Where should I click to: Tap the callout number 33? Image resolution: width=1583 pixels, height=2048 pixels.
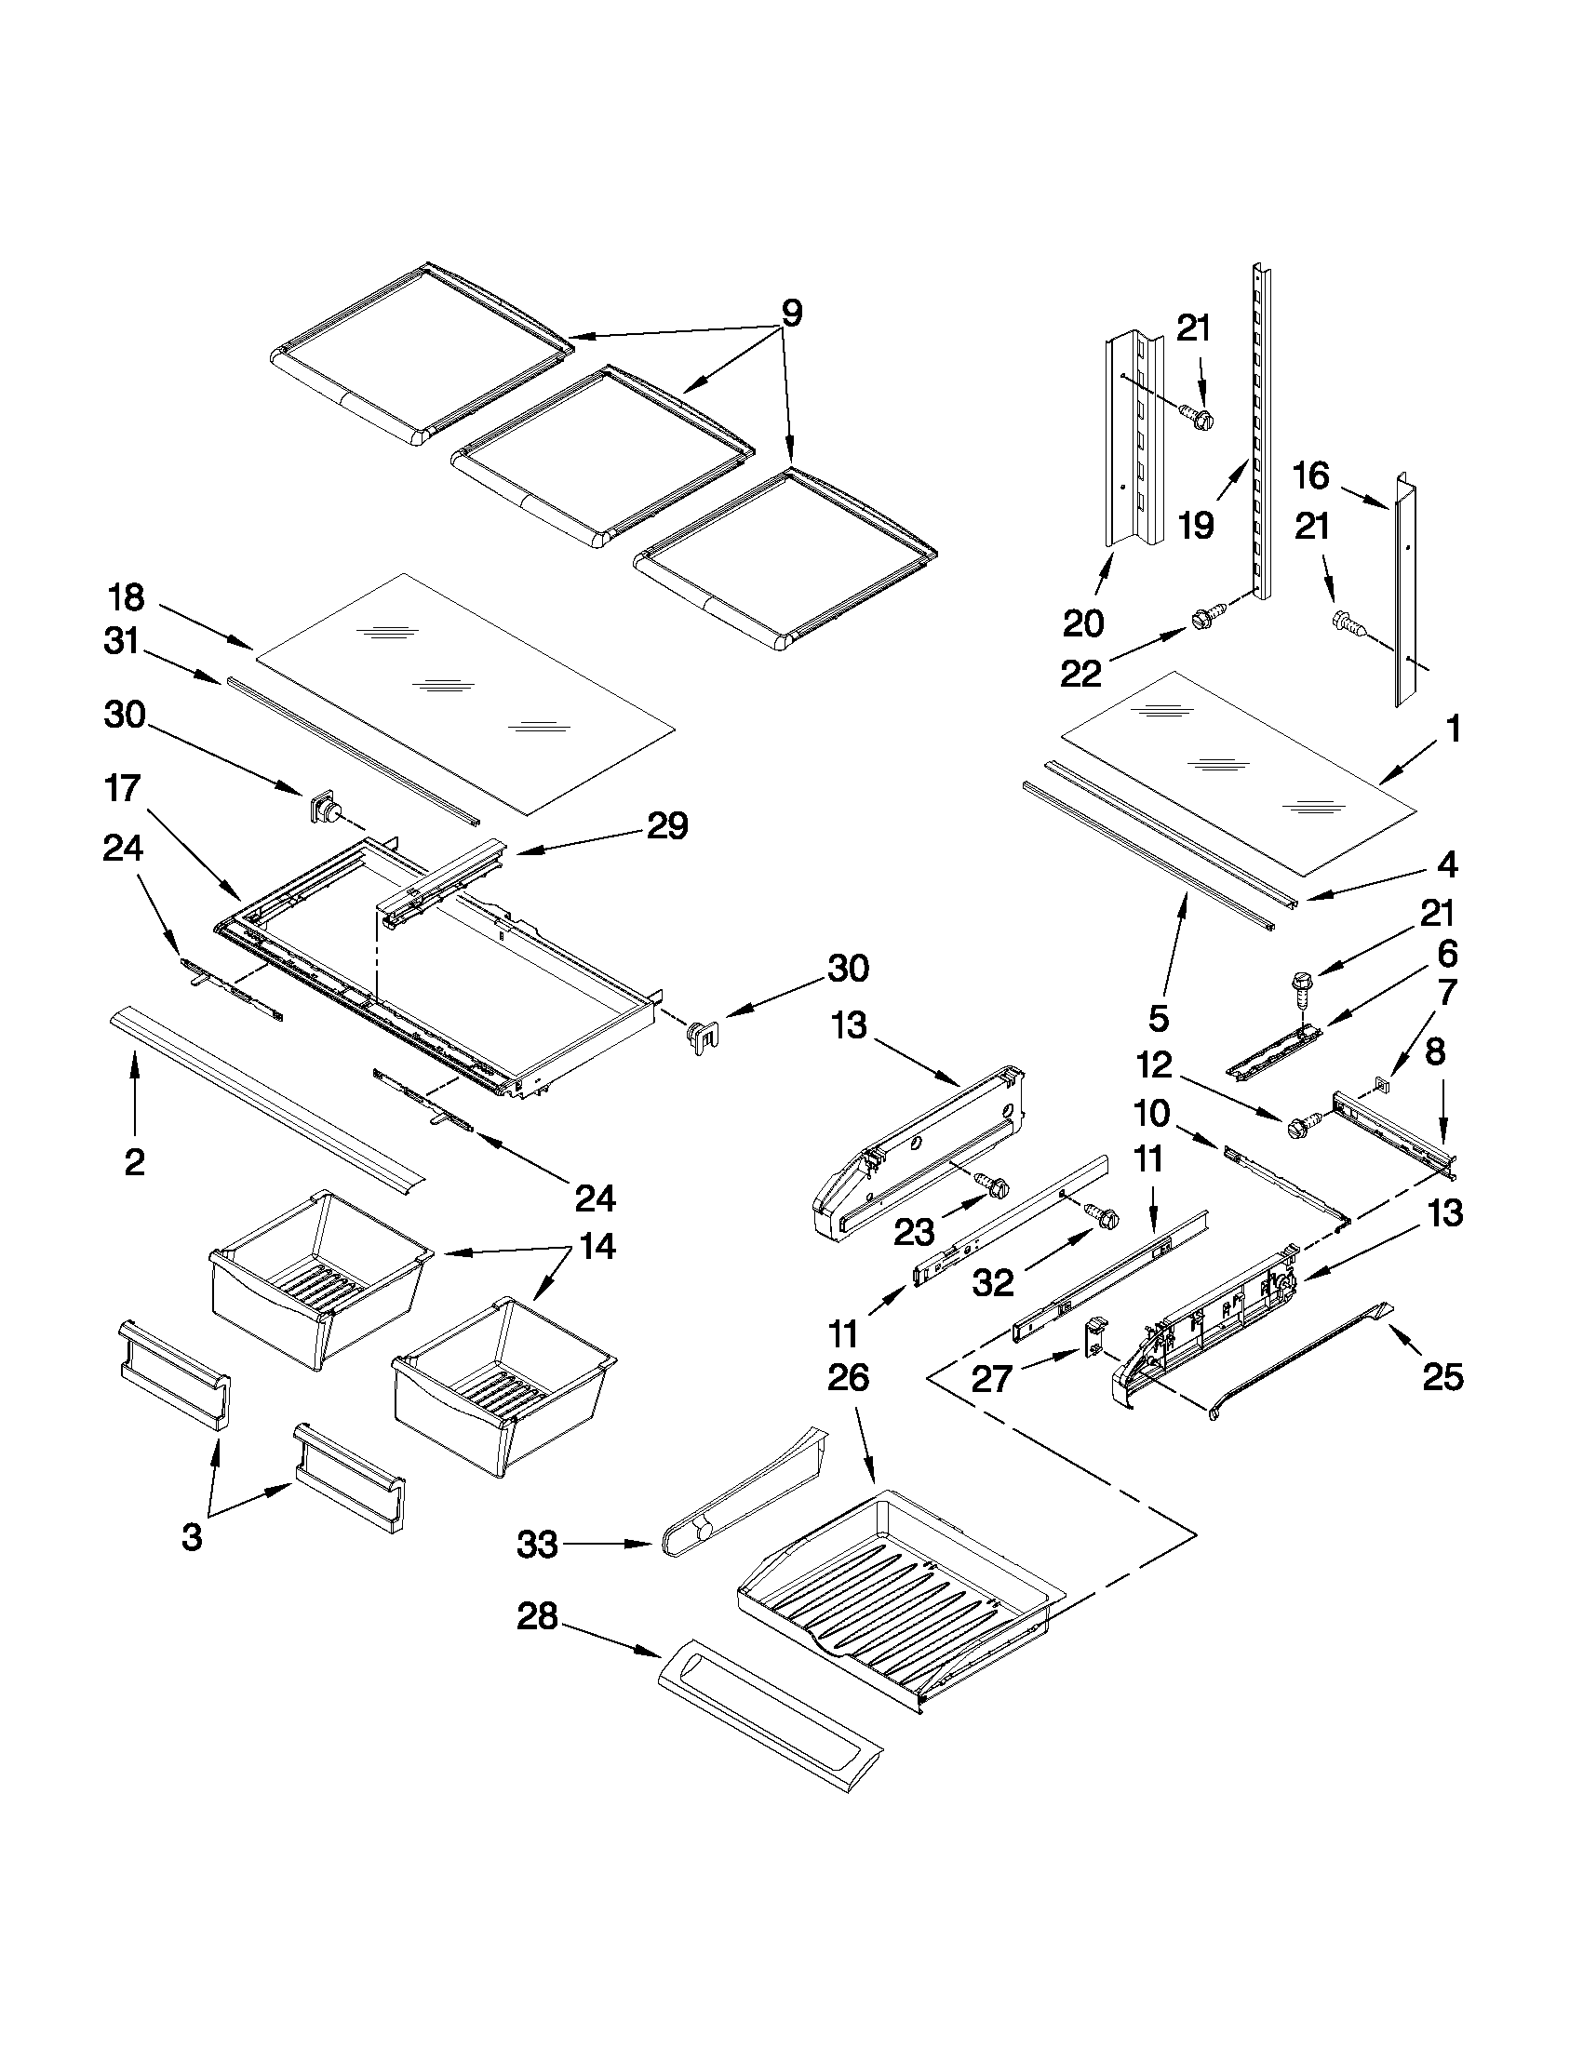(537, 1545)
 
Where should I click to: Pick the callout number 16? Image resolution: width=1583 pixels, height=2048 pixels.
(1311, 476)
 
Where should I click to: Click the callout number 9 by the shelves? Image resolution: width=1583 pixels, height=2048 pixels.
(791, 313)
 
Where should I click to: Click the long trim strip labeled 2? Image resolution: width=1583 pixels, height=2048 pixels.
(267, 1095)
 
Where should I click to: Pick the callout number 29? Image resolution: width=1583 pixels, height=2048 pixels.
(666, 826)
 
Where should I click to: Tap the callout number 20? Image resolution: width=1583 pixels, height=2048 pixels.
(1082, 622)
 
